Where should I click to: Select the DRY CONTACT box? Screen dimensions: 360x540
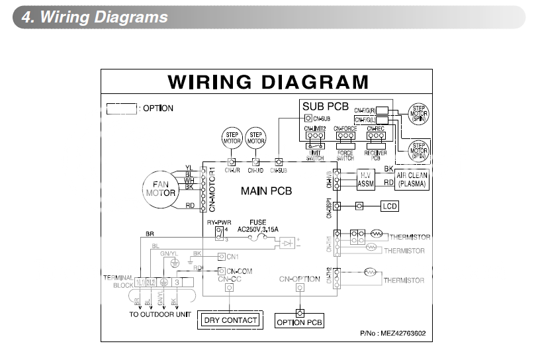coord(230,320)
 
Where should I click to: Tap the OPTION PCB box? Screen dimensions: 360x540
coord(299,322)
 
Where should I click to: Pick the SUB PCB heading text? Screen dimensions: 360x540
coord(326,106)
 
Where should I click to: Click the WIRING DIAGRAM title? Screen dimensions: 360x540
coord(268,82)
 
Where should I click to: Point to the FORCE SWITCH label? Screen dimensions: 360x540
coord(345,154)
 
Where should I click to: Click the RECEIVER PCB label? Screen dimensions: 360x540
coord(375,154)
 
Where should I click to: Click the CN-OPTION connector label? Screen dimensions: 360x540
coord(300,279)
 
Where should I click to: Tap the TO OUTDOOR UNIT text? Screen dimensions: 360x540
coord(160,314)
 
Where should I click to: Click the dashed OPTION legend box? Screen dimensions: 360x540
coord(122,108)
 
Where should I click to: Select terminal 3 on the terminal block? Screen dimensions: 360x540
coord(177,283)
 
